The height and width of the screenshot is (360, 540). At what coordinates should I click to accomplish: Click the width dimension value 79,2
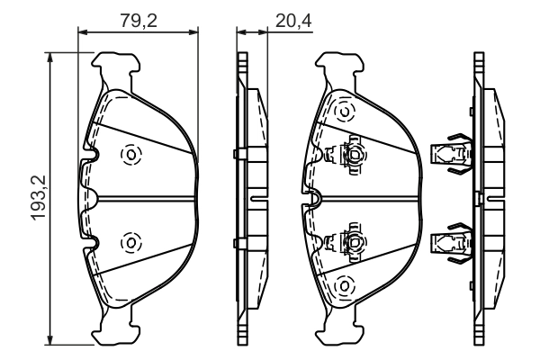pos(139,18)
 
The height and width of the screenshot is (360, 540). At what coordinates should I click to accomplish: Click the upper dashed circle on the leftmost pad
pos(130,155)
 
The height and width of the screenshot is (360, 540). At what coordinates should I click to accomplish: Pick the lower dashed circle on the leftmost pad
pos(130,241)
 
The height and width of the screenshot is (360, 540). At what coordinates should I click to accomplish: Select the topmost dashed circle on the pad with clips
pos(343,112)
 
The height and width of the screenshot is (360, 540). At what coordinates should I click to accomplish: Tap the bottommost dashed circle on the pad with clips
pos(343,286)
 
